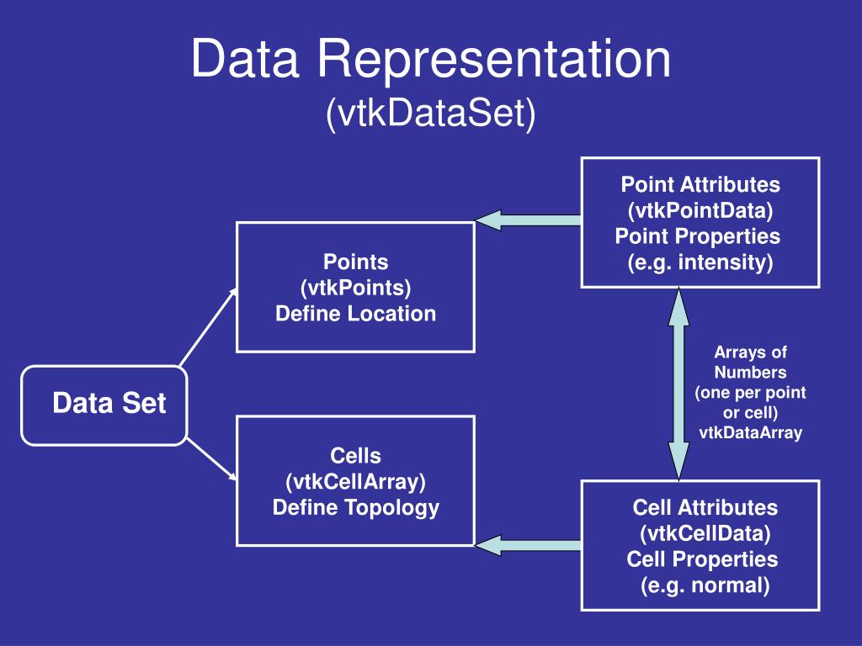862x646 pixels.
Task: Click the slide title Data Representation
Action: (431, 59)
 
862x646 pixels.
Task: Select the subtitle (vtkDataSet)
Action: (431, 114)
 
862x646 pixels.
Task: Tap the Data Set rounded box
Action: (104, 405)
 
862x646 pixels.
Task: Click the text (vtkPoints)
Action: (356, 288)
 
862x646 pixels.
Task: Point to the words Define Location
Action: (356, 314)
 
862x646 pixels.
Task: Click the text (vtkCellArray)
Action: (356, 482)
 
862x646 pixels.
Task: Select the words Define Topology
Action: (356, 507)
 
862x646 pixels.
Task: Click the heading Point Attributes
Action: (700, 184)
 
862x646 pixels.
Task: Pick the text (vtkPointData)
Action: (700, 210)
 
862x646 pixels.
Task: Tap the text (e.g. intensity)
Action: (700, 262)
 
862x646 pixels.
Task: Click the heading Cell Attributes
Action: (705, 507)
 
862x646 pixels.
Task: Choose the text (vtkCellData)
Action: (705, 533)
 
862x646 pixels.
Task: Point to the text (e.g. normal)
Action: (705, 585)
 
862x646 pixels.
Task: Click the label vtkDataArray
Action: (750, 433)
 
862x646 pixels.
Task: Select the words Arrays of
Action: (750, 352)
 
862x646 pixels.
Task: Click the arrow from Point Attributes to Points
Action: (528, 220)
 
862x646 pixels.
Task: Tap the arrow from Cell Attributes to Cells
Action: (528, 545)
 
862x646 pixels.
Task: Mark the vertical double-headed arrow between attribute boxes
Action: (679, 384)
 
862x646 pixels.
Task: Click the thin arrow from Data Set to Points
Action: (209, 327)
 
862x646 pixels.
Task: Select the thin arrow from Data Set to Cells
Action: (211, 459)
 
